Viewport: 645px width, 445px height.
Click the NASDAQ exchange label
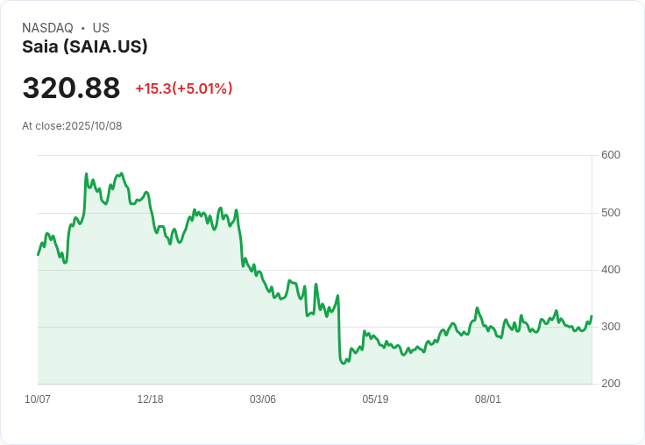click(x=47, y=28)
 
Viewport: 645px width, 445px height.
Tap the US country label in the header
click(x=101, y=28)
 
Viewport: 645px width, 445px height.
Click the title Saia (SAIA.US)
click(x=85, y=46)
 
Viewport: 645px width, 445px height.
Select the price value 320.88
click(x=71, y=88)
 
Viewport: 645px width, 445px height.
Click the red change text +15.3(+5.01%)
click(x=184, y=88)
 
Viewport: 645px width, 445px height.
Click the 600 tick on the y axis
click(x=611, y=155)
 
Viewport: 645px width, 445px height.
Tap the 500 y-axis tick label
click(x=611, y=213)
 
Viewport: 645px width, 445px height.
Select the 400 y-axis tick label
click(x=611, y=270)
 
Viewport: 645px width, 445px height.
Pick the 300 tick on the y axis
click(x=611, y=327)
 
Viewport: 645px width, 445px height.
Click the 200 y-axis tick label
click(x=611, y=384)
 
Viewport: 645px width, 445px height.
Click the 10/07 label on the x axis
click(x=38, y=399)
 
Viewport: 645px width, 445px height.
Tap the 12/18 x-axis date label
click(x=150, y=399)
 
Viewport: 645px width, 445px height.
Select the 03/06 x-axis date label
click(x=263, y=399)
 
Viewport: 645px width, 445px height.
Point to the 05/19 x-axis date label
click(x=375, y=399)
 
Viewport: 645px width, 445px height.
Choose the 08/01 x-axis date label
click(x=488, y=399)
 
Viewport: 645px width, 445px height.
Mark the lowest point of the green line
click(x=344, y=363)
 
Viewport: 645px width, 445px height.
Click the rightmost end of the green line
click(x=592, y=316)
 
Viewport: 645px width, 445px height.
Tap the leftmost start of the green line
click(x=38, y=254)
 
